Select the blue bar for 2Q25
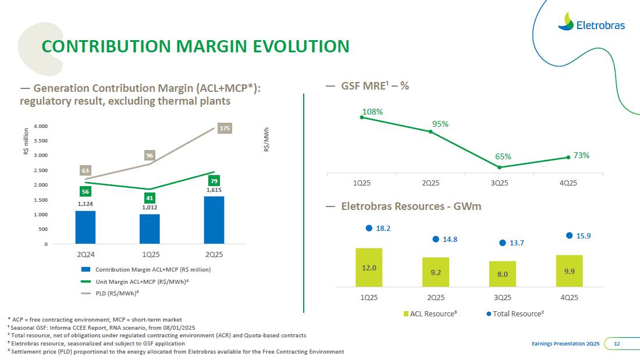pyautogui.click(x=214, y=220)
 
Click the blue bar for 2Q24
pyautogui.click(x=85, y=227)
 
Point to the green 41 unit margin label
pyautogui.click(x=150, y=198)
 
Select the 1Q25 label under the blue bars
pyautogui.click(x=150, y=254)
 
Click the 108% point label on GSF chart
pyautogui.click(x=372, y=111)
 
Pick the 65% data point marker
pyautogui.click(x=500, y=167)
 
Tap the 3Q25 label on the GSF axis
pyautogui.click(x=499, y=183)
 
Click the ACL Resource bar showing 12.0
pyautogui.click(x=369, y=267)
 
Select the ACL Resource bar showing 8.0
pyautogui.click(x=502, y=273)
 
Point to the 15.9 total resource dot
pyautogui.click(x=570, y=236)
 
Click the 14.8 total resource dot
pyautogui.click(x=435, y=238)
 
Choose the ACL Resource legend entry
pyautogui.click(x=430, y=313)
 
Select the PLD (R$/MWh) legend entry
pyautogui.click(x=113, y=293)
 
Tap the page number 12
pyautogui.click(x=617, y=344)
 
